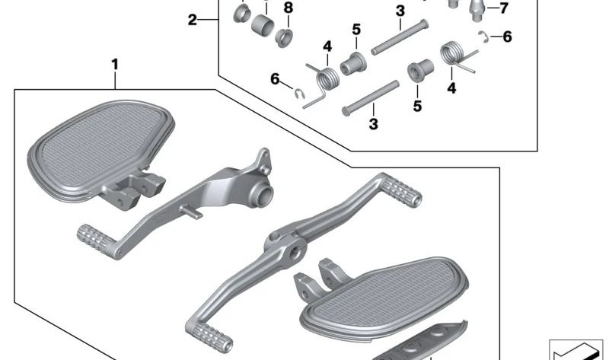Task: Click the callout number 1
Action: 115,65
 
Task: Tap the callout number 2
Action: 193,20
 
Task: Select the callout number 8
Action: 288,8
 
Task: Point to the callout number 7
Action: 502,9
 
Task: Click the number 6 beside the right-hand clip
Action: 507,36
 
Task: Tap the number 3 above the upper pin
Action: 400,11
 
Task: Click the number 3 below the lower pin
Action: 374,123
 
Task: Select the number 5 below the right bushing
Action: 417,107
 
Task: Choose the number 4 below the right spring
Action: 451,88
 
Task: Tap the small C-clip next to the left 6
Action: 301,93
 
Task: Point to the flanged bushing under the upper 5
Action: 352,63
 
